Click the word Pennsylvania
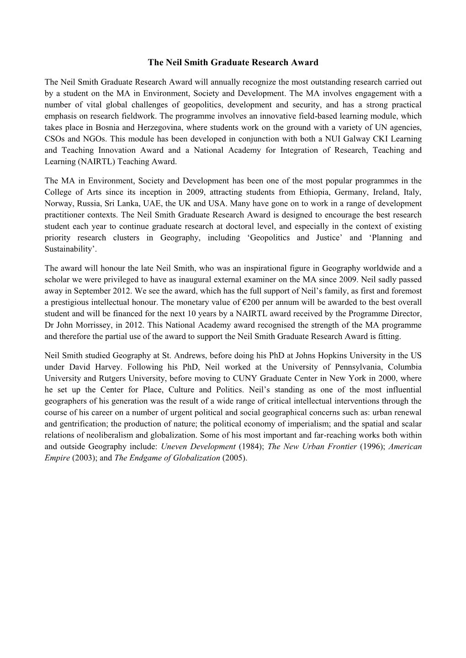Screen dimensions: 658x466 (349, 367)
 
